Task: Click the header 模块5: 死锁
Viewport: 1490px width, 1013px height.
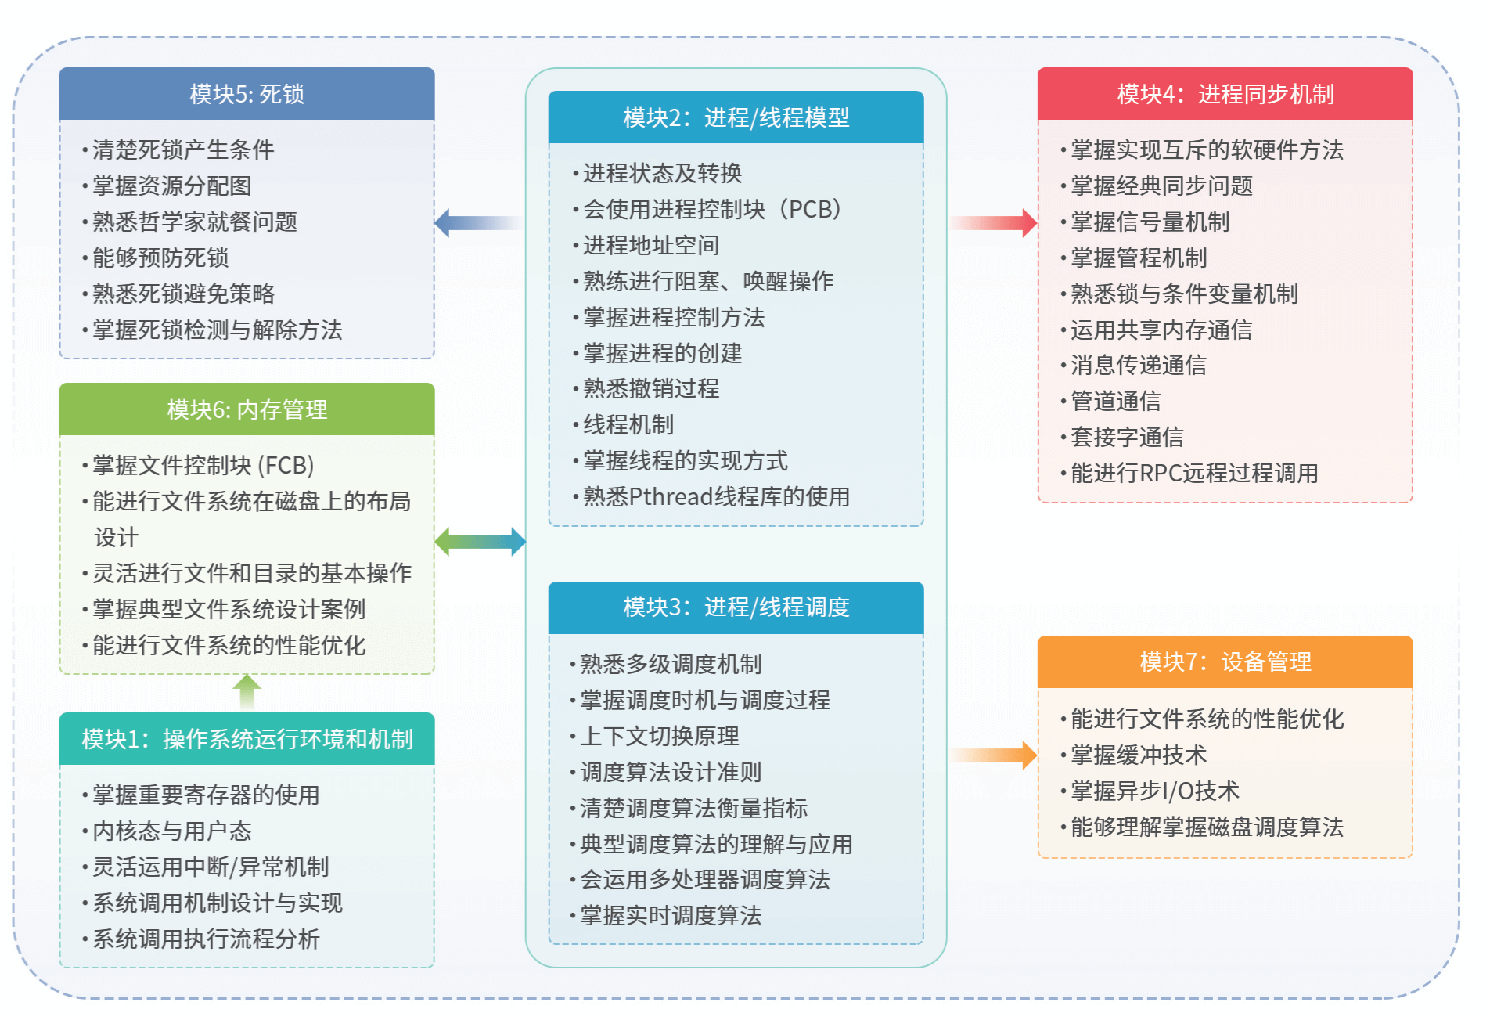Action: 247,94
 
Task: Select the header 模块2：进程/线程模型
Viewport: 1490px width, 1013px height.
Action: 736,117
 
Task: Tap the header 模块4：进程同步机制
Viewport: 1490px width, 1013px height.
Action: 1225,94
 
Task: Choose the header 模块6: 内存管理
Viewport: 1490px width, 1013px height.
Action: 247,409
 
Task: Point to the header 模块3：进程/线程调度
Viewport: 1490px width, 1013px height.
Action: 736,607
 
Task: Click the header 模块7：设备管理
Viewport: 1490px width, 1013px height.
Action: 1225,662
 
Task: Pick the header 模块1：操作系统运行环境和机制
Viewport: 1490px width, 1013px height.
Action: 247,739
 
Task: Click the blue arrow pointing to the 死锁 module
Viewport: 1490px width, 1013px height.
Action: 477,223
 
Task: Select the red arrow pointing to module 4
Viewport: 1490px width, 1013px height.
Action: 994,223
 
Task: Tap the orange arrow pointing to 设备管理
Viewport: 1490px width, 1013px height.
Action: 994,755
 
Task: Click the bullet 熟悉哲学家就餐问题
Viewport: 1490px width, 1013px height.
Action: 194,222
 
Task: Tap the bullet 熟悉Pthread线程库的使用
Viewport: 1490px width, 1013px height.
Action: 715,497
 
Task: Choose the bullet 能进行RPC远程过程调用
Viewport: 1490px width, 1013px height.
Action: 1193,474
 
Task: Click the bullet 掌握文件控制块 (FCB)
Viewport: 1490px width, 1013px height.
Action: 203,466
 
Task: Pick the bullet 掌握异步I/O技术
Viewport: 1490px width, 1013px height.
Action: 1154,791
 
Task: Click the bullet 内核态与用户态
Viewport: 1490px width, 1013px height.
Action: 171,831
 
